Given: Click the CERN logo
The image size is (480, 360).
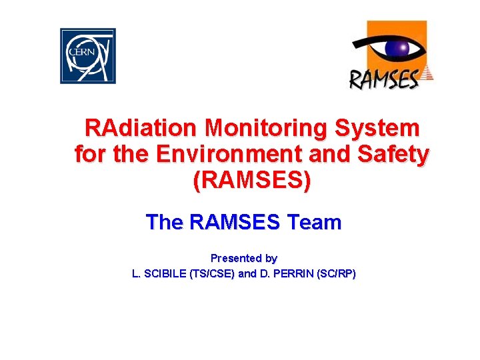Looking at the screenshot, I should tap(88, 56).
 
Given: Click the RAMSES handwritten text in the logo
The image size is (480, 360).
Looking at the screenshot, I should tap(385, 78).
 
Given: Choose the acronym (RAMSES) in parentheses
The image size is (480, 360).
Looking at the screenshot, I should tap(251, 181).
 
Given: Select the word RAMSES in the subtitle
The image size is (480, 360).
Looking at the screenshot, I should tap(234, 222).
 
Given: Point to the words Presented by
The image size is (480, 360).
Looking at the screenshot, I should tap(244, 258).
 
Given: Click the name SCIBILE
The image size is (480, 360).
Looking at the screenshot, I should tap(165, 274).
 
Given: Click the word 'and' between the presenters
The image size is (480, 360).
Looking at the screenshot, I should tap(247, 274).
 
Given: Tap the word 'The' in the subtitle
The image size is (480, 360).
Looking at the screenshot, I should tap(164, 222).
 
